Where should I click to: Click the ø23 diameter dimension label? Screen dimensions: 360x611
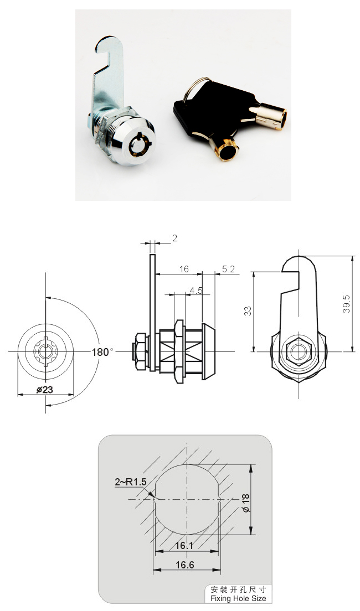point(45,389)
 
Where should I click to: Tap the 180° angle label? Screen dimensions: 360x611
point(102,352)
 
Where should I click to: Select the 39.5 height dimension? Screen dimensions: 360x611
point(346,304)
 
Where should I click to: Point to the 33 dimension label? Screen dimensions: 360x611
point(248,310)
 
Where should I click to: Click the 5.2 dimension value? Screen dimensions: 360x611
point(228,269)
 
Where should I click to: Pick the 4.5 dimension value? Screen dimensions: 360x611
point(196,291)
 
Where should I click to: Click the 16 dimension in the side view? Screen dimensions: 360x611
point(184,269)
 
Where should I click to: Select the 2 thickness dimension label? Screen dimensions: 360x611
point(174,238)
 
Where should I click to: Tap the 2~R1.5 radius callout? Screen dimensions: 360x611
point(130,482)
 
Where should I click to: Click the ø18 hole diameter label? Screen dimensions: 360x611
point(245,503)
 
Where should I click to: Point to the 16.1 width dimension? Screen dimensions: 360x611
point(184,546)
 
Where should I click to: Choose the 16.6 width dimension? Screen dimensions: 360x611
point(185,565)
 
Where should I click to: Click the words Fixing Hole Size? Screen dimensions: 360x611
point(238,598)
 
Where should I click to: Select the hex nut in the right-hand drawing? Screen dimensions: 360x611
point(299,351)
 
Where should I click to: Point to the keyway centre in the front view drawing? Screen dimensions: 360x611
point(45,351)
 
